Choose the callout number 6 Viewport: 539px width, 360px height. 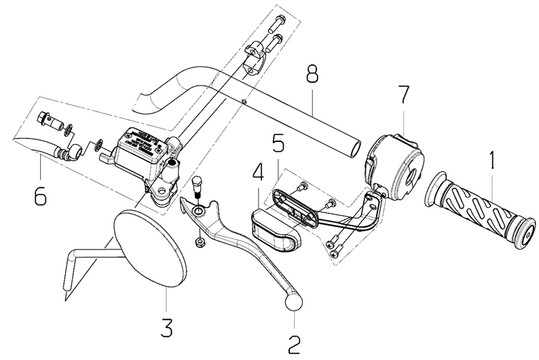[x=40, y=198]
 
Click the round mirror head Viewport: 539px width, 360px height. [x=149, y=249]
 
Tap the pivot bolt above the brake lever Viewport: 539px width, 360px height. [x=198, y=185]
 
